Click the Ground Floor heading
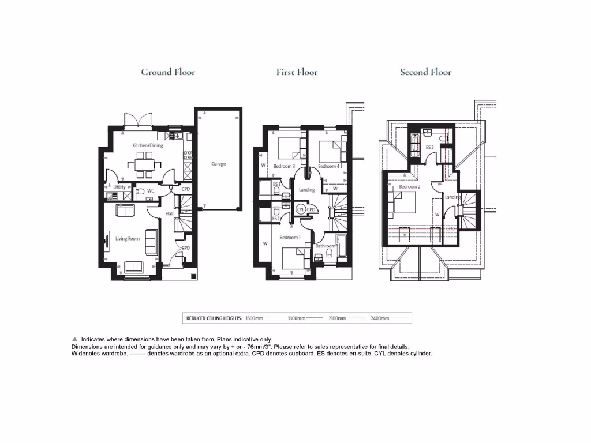168,72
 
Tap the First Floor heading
297,72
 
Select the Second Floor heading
426,72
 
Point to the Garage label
218,164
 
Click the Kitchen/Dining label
148,145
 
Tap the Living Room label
128,238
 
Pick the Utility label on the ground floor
119,187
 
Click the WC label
151,190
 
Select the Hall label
170,213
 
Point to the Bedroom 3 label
285,166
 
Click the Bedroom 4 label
328,166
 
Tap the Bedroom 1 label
289,238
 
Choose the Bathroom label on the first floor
325,246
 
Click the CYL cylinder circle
301,209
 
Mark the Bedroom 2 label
409,187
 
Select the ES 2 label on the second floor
429,147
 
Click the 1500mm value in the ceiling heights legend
254,318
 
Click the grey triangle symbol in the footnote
74,339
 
